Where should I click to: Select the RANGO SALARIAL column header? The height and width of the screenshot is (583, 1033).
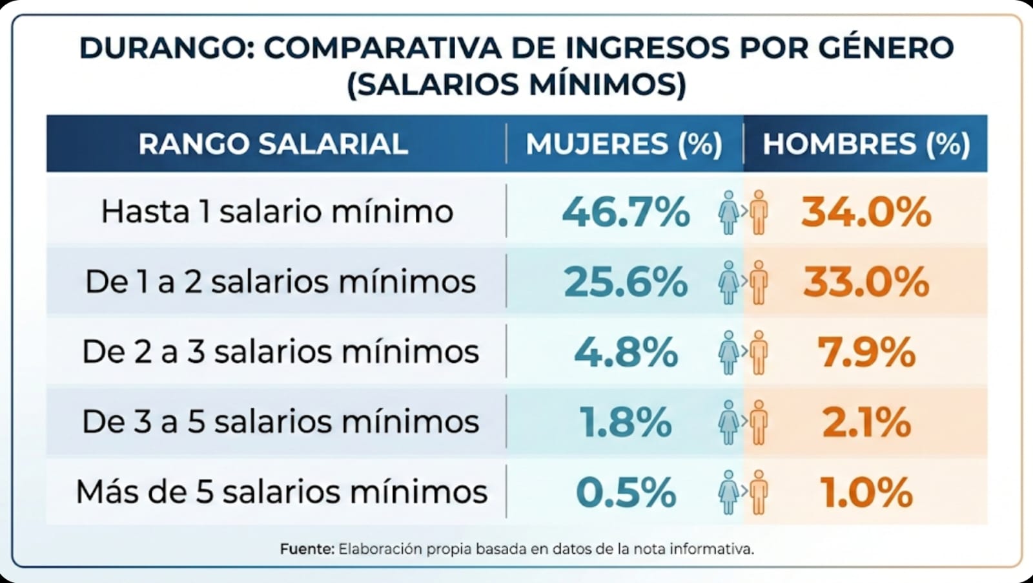[273, 143]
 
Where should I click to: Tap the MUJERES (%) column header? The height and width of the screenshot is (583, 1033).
[624, 143]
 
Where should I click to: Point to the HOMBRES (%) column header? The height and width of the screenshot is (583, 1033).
[866, 143]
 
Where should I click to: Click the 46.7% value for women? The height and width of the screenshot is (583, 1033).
[626, 212]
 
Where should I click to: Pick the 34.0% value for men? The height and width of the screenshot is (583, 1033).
[866, 212]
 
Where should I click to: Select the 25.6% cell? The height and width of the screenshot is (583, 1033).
[626, 282]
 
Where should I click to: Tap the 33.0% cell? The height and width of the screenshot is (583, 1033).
[866, 282]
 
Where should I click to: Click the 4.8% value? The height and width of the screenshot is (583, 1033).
[626, 352]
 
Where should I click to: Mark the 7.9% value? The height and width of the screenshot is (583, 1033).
[866, 352]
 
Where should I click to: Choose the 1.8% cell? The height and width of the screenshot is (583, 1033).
[626, 422]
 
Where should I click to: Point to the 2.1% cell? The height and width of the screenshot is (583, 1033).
[866, 422]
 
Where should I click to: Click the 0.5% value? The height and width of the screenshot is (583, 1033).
[626, 493]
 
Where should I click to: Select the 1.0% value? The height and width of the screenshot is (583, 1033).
[866, 493]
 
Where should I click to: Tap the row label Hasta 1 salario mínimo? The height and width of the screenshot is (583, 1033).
[277, 211]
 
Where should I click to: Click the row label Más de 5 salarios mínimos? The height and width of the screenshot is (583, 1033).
[281, 492]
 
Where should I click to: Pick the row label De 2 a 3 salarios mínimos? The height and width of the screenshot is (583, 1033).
[280, 352]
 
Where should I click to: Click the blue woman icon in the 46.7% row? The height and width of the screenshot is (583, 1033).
[728, 212]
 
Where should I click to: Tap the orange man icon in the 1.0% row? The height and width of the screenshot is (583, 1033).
[759, 493]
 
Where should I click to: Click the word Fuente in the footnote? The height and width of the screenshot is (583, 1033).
[307, 549]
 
